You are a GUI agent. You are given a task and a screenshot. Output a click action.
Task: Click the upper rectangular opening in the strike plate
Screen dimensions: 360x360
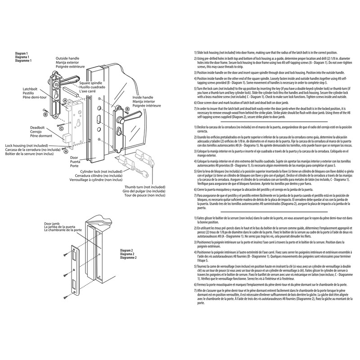(76, 252)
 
